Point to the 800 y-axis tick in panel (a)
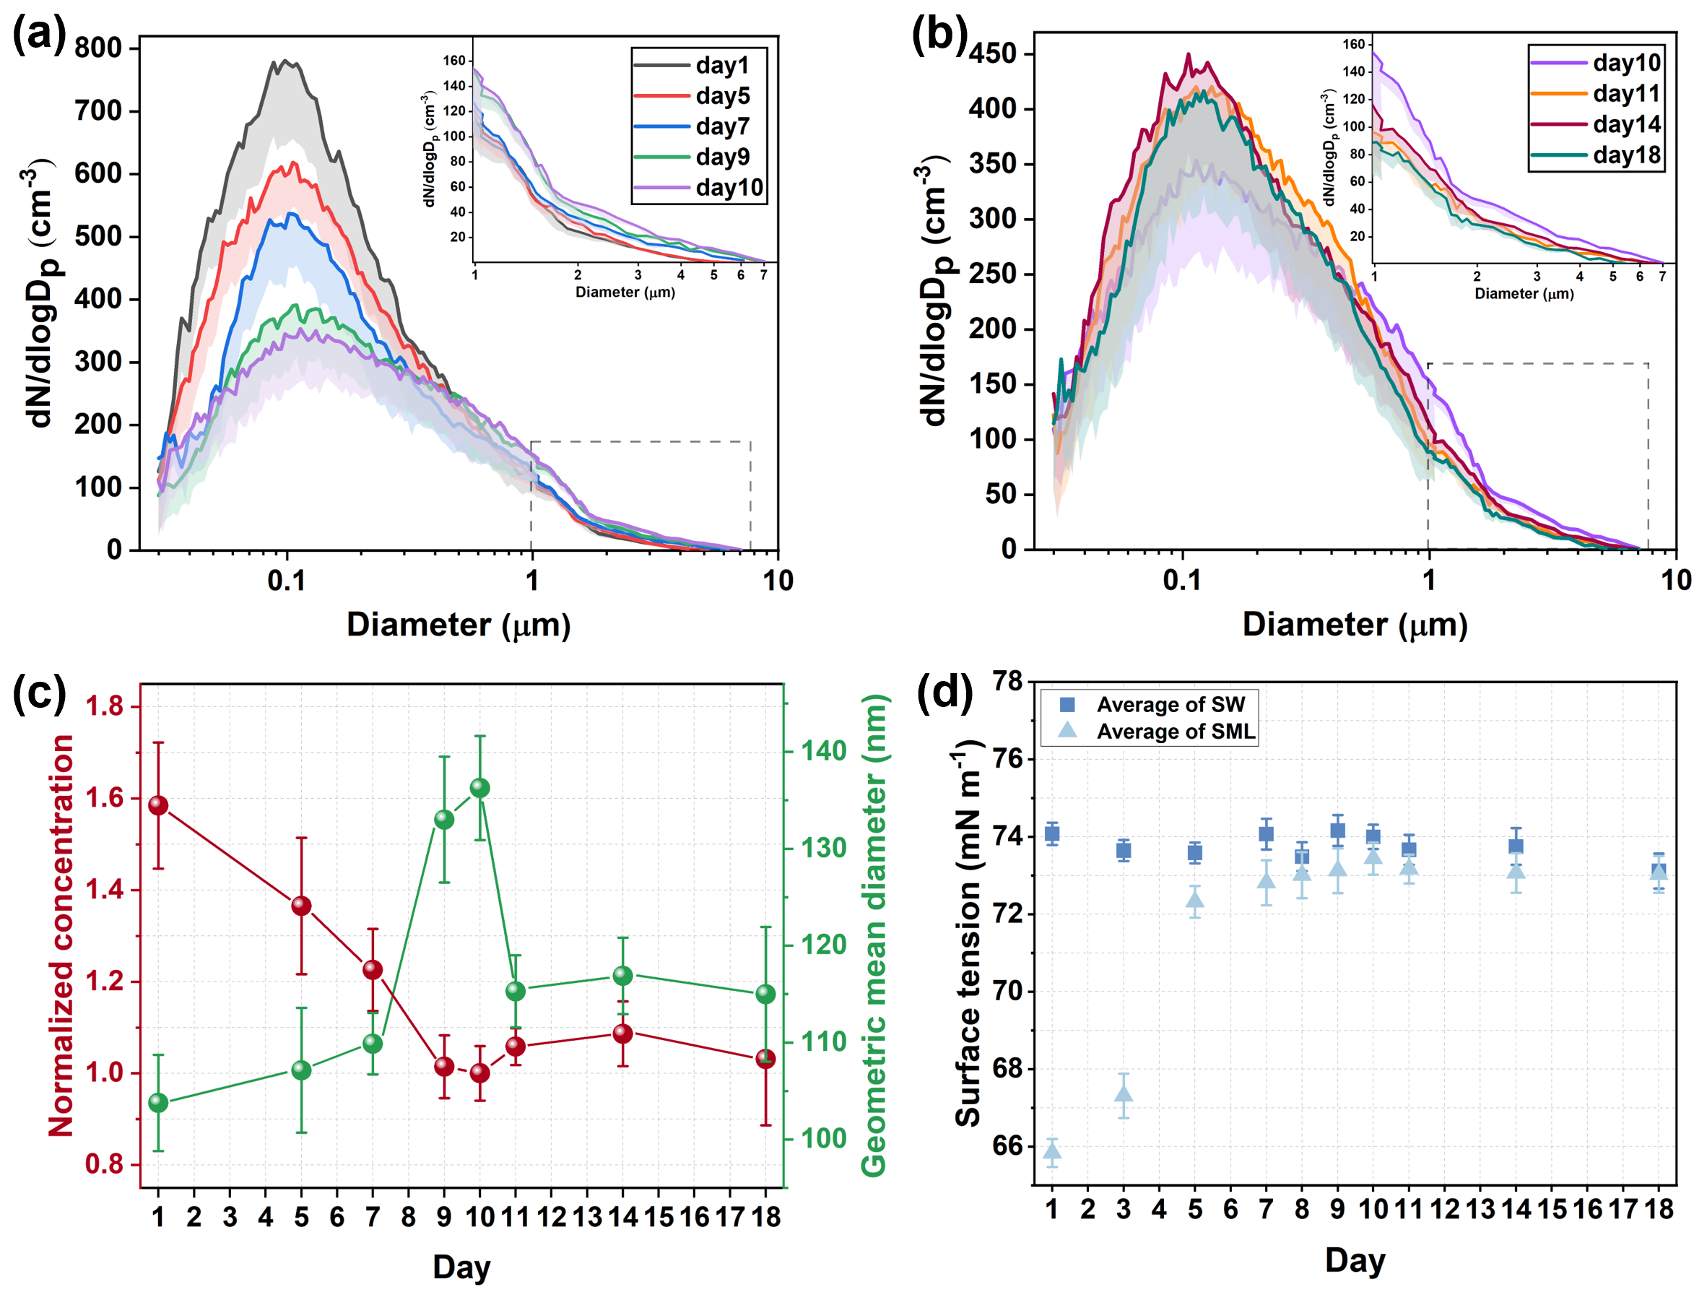tap(98, 48)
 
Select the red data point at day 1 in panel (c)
tap(159, 805)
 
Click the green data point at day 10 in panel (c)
tap(479, 788)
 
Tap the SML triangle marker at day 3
tap(1124, 1093)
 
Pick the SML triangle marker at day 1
tap(1052, 1150)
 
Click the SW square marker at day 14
tap(1516, 846)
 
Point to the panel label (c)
tap(39, 694)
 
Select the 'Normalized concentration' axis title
tap(62, 936)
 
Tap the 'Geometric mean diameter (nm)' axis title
tap(874, 936)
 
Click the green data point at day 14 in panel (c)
tap(622, 976)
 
